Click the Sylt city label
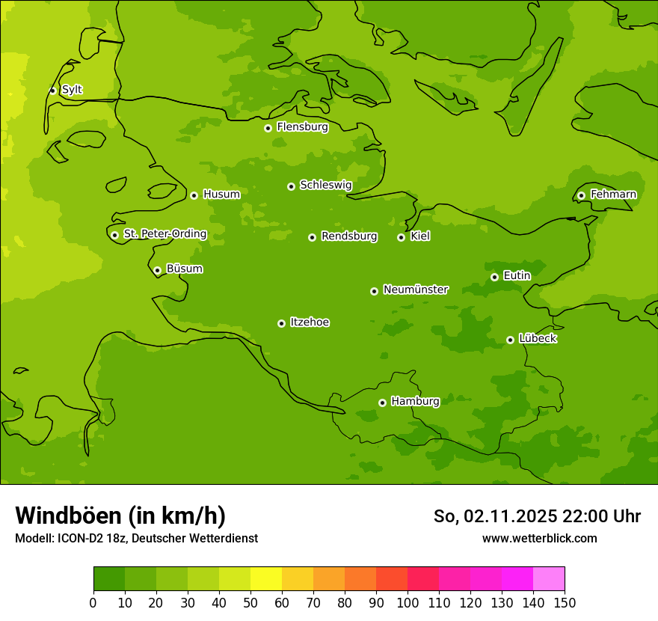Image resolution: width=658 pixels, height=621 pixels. (72, 90)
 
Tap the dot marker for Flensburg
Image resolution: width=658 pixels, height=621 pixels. (268, 128)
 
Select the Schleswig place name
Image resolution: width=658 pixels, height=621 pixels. (325, 185)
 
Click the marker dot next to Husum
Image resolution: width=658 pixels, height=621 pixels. (194, 195)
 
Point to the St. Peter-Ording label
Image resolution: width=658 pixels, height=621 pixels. (164, 234)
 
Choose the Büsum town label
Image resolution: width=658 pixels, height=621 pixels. (184, 269)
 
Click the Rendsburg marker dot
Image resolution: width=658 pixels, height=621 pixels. (312, 237)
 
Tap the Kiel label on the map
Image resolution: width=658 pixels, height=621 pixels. (419, 236)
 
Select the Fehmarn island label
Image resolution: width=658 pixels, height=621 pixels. (613, 195)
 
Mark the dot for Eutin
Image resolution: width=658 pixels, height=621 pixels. (494, 277)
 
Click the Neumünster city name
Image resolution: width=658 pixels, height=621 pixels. (415, 290)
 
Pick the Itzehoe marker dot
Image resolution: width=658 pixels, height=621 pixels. (281, 323)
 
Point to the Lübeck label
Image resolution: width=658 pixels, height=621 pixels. (537, 338)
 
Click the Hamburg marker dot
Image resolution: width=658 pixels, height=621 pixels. (382, 403)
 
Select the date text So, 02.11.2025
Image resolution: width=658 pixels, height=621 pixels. (495, 516)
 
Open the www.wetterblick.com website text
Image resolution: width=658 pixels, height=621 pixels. (539, 538)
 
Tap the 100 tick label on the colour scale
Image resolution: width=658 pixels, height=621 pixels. (408, 602)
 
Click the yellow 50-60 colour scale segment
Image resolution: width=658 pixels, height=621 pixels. (266, 579)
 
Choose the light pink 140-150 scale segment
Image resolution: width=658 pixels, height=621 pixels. (549, 579)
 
